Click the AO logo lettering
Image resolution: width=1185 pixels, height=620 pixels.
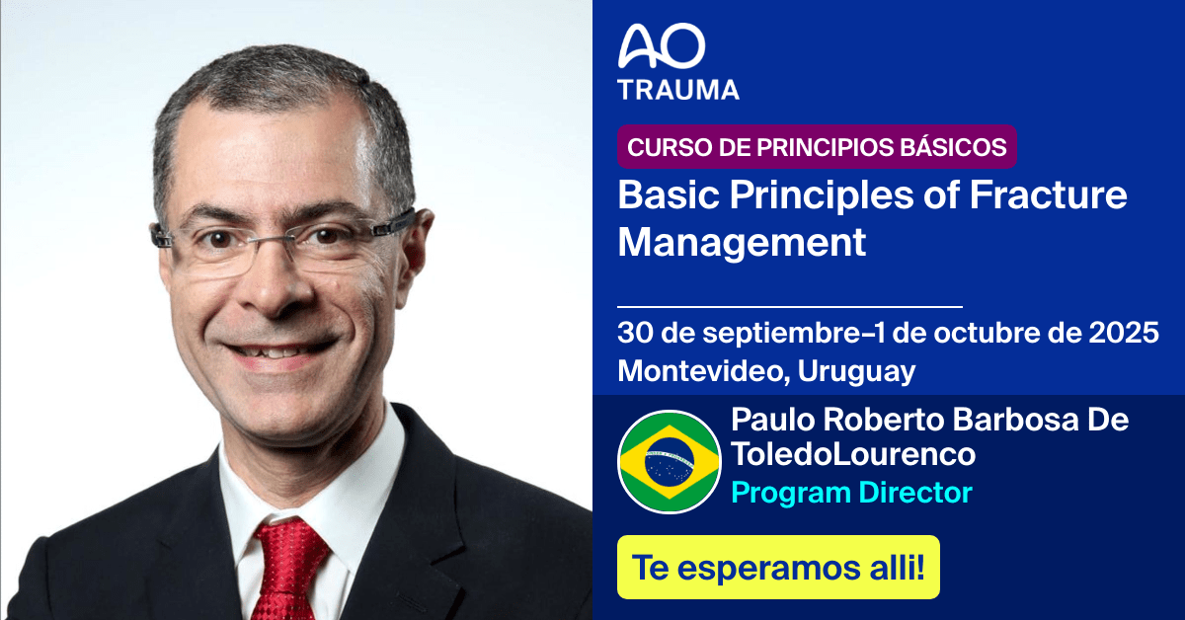662,46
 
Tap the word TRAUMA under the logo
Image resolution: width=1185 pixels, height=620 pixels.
678,89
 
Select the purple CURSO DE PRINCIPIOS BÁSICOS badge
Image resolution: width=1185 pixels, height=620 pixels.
817,148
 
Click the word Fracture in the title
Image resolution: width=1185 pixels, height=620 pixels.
1048,194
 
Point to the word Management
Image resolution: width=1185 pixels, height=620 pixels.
742,241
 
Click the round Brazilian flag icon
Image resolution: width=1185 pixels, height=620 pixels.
670,461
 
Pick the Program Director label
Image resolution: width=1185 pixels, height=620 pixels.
851,492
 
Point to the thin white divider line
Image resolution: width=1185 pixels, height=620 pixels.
789,307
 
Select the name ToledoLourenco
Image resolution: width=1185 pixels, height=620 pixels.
853,455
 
